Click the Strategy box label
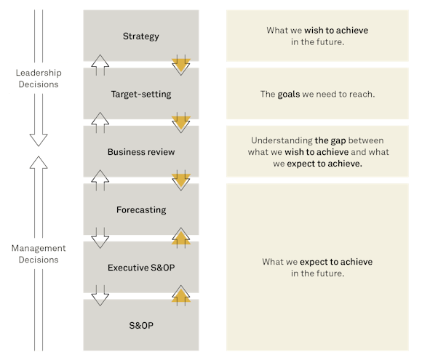click(140, 36)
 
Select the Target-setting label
click(140, 94)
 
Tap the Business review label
click(140, 152)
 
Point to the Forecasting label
click(140, 210)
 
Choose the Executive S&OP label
click(140, 268)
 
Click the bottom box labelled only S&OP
click(140, 325)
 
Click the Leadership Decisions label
click(39, 79)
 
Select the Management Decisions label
click(39, 254)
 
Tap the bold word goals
click(288, 95)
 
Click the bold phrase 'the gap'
click(331, 140)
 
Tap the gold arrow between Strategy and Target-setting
click(180, 65)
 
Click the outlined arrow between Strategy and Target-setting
click(100, 65)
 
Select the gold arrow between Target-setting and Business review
click(180, 123)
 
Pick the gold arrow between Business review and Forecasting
click(180, 180)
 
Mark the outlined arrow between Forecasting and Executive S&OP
click(100, 239)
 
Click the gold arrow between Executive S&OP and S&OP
click(180, 295)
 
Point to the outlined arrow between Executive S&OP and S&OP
click(100, 296)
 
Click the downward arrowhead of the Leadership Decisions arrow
click(39, 139)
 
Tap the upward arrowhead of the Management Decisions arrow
click(39, 159)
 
